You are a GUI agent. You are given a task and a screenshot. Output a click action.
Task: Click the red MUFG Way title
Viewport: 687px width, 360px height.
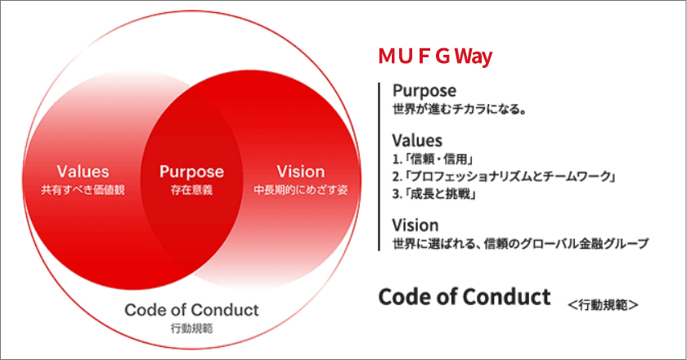tap(434, 57)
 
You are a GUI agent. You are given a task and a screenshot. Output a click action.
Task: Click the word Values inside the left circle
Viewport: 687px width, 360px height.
tap(83, 172)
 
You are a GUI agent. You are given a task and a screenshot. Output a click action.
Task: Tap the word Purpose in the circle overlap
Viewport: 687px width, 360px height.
tap(191, 172)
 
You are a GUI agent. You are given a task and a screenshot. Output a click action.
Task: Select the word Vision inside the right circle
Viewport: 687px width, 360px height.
tap(300, 172)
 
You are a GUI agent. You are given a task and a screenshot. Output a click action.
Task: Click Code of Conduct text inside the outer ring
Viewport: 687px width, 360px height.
tap(191, 310)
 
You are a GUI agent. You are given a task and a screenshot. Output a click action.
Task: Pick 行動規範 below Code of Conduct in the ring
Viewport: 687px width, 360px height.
tap(191, 328)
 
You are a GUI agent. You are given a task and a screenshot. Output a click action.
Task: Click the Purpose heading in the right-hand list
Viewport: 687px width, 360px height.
tap(424, 91)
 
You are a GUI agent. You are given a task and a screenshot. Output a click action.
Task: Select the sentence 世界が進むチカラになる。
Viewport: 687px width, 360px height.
tap(458, 109)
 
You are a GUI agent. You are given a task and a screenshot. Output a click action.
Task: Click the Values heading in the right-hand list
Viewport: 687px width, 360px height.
tap(417, 141)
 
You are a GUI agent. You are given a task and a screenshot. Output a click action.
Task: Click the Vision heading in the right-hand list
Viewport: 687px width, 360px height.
tap(415, 225)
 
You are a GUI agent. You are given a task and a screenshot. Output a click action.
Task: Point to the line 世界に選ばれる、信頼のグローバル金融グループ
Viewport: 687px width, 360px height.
tap(520, 243)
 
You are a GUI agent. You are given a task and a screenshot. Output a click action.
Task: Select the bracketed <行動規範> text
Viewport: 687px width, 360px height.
tap(603, 304)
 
